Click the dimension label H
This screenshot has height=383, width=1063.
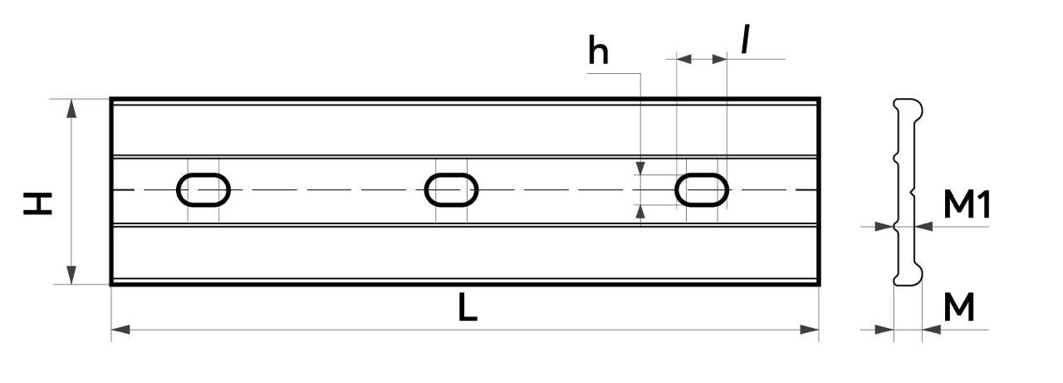tap(37, 203)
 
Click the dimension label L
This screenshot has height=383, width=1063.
tap(468, 307)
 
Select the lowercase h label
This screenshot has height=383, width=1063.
tap(598, 51)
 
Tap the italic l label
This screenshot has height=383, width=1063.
tap(746, 40)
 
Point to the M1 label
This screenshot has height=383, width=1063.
tap(967, 204)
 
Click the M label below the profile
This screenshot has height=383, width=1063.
tap(959, 307)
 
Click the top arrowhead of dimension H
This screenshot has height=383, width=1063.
tap(71, 109)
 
